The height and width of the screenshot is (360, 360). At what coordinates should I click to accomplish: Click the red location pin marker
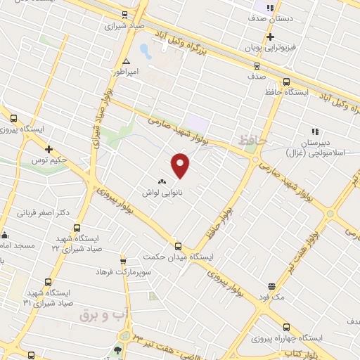pyautogui.click(x=181, y=164)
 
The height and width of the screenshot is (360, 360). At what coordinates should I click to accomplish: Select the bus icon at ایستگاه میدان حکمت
pyautogui.click(x=178, y=246)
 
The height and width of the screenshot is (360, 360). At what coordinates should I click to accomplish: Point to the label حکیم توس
pyautogui.click(x=53, y=160)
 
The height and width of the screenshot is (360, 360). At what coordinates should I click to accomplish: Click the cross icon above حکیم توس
pyautogui.click(x=49, y=149)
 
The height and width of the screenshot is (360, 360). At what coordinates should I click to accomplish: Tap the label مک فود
pyautogui.click(x=271, y=297)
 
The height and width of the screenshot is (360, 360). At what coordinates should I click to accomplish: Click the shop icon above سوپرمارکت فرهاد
pyautogui.click(x=123, y=261)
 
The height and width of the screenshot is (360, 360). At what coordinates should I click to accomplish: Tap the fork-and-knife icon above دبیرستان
pyautogui.click(x=315, y=131)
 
